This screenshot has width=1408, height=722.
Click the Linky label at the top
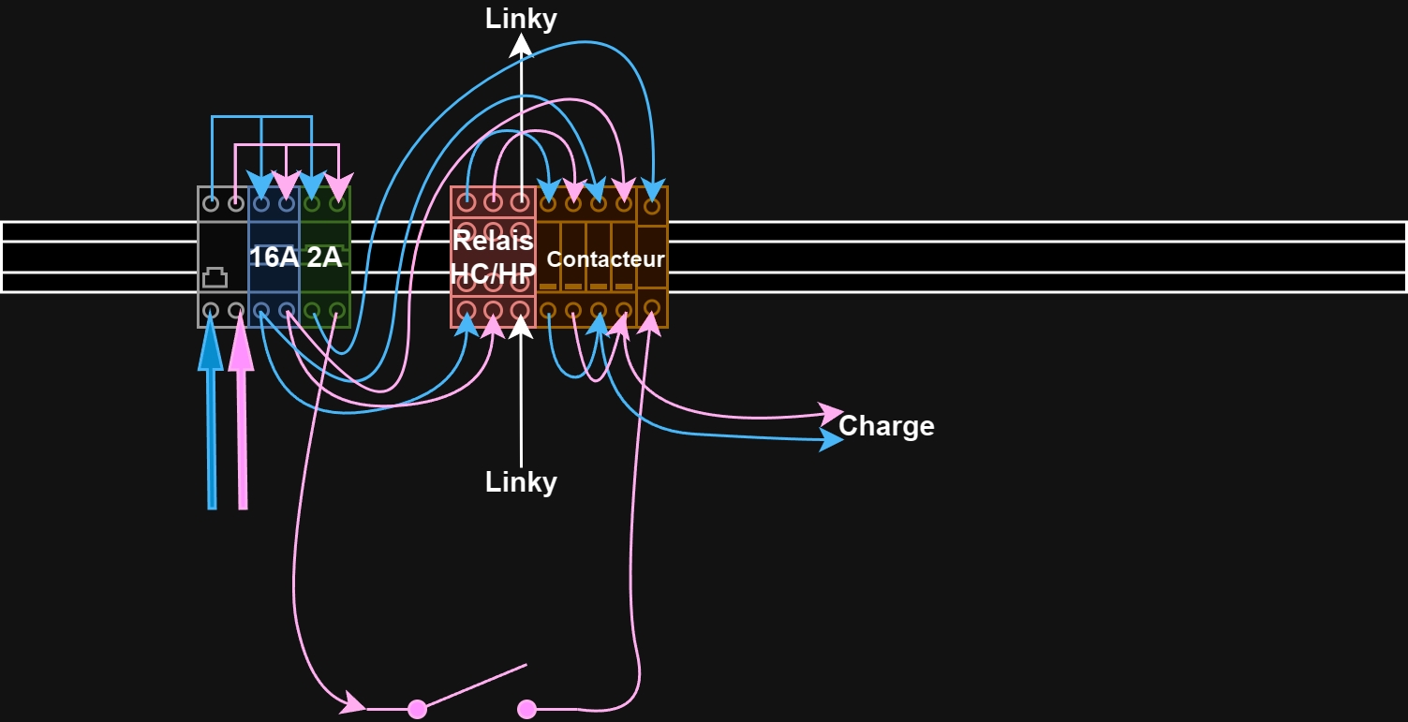(x=521, y=19)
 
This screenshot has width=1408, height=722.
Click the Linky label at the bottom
(x=521, y=482)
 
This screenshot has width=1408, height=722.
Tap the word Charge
(x=886, y=427)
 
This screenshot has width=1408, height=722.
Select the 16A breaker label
(x=274, y=257)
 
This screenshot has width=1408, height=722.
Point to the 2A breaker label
(x=324, y=257)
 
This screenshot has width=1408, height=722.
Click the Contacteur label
(x=605, y=258)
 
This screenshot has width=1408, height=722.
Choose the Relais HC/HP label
(x=494, y=257)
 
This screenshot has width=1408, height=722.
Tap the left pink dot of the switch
(x=418, y=710)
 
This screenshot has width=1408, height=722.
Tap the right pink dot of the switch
(x=526, y=710)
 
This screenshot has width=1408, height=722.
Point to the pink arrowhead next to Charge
(x=832, y=413)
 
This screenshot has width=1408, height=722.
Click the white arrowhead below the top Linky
(x=521, y=45)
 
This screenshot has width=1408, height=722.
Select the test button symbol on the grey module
(x=215, y=277)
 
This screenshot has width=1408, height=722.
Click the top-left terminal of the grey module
(x=211, y=203)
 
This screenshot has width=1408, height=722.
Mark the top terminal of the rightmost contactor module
(x=652, y=205)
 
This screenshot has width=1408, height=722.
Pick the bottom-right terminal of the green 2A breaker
(x=337, y=310)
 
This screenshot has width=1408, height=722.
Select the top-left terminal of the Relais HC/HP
(x=467, y=202)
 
